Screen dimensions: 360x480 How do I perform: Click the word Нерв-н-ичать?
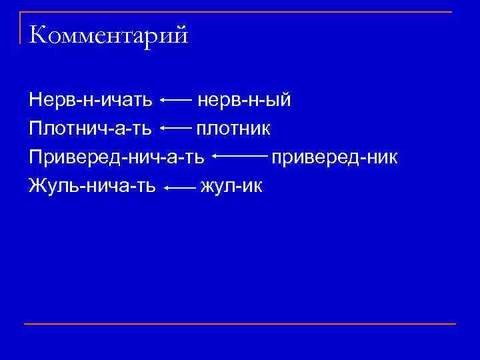91,101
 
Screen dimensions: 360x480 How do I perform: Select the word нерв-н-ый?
243,101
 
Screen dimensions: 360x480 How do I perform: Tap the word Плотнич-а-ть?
90,127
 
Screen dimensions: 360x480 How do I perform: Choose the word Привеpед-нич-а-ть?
117,157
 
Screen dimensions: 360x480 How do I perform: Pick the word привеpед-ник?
334,157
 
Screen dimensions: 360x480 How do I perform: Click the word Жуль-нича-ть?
93,185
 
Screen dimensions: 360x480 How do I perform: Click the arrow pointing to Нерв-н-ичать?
177,101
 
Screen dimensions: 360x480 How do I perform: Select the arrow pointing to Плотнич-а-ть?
176,127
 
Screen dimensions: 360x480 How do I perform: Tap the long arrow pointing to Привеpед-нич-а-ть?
240,157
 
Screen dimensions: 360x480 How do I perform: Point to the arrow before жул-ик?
180,189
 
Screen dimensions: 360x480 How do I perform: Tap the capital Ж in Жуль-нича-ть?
37,185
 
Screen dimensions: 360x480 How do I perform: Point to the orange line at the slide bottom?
240,324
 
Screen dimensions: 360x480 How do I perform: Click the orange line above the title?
240,12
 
